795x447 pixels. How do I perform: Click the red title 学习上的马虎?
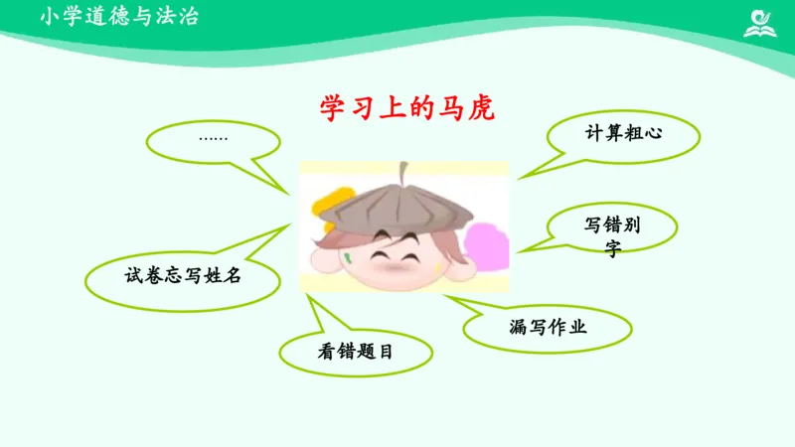pos(406,105)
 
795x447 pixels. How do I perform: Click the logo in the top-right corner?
pos(762,21)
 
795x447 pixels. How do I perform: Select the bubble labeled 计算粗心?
pos(623,133)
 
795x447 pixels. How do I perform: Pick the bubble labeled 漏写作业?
pos(548,326)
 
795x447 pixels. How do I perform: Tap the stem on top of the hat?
pos(401,171)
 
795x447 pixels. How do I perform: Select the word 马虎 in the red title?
pos(472,105)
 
